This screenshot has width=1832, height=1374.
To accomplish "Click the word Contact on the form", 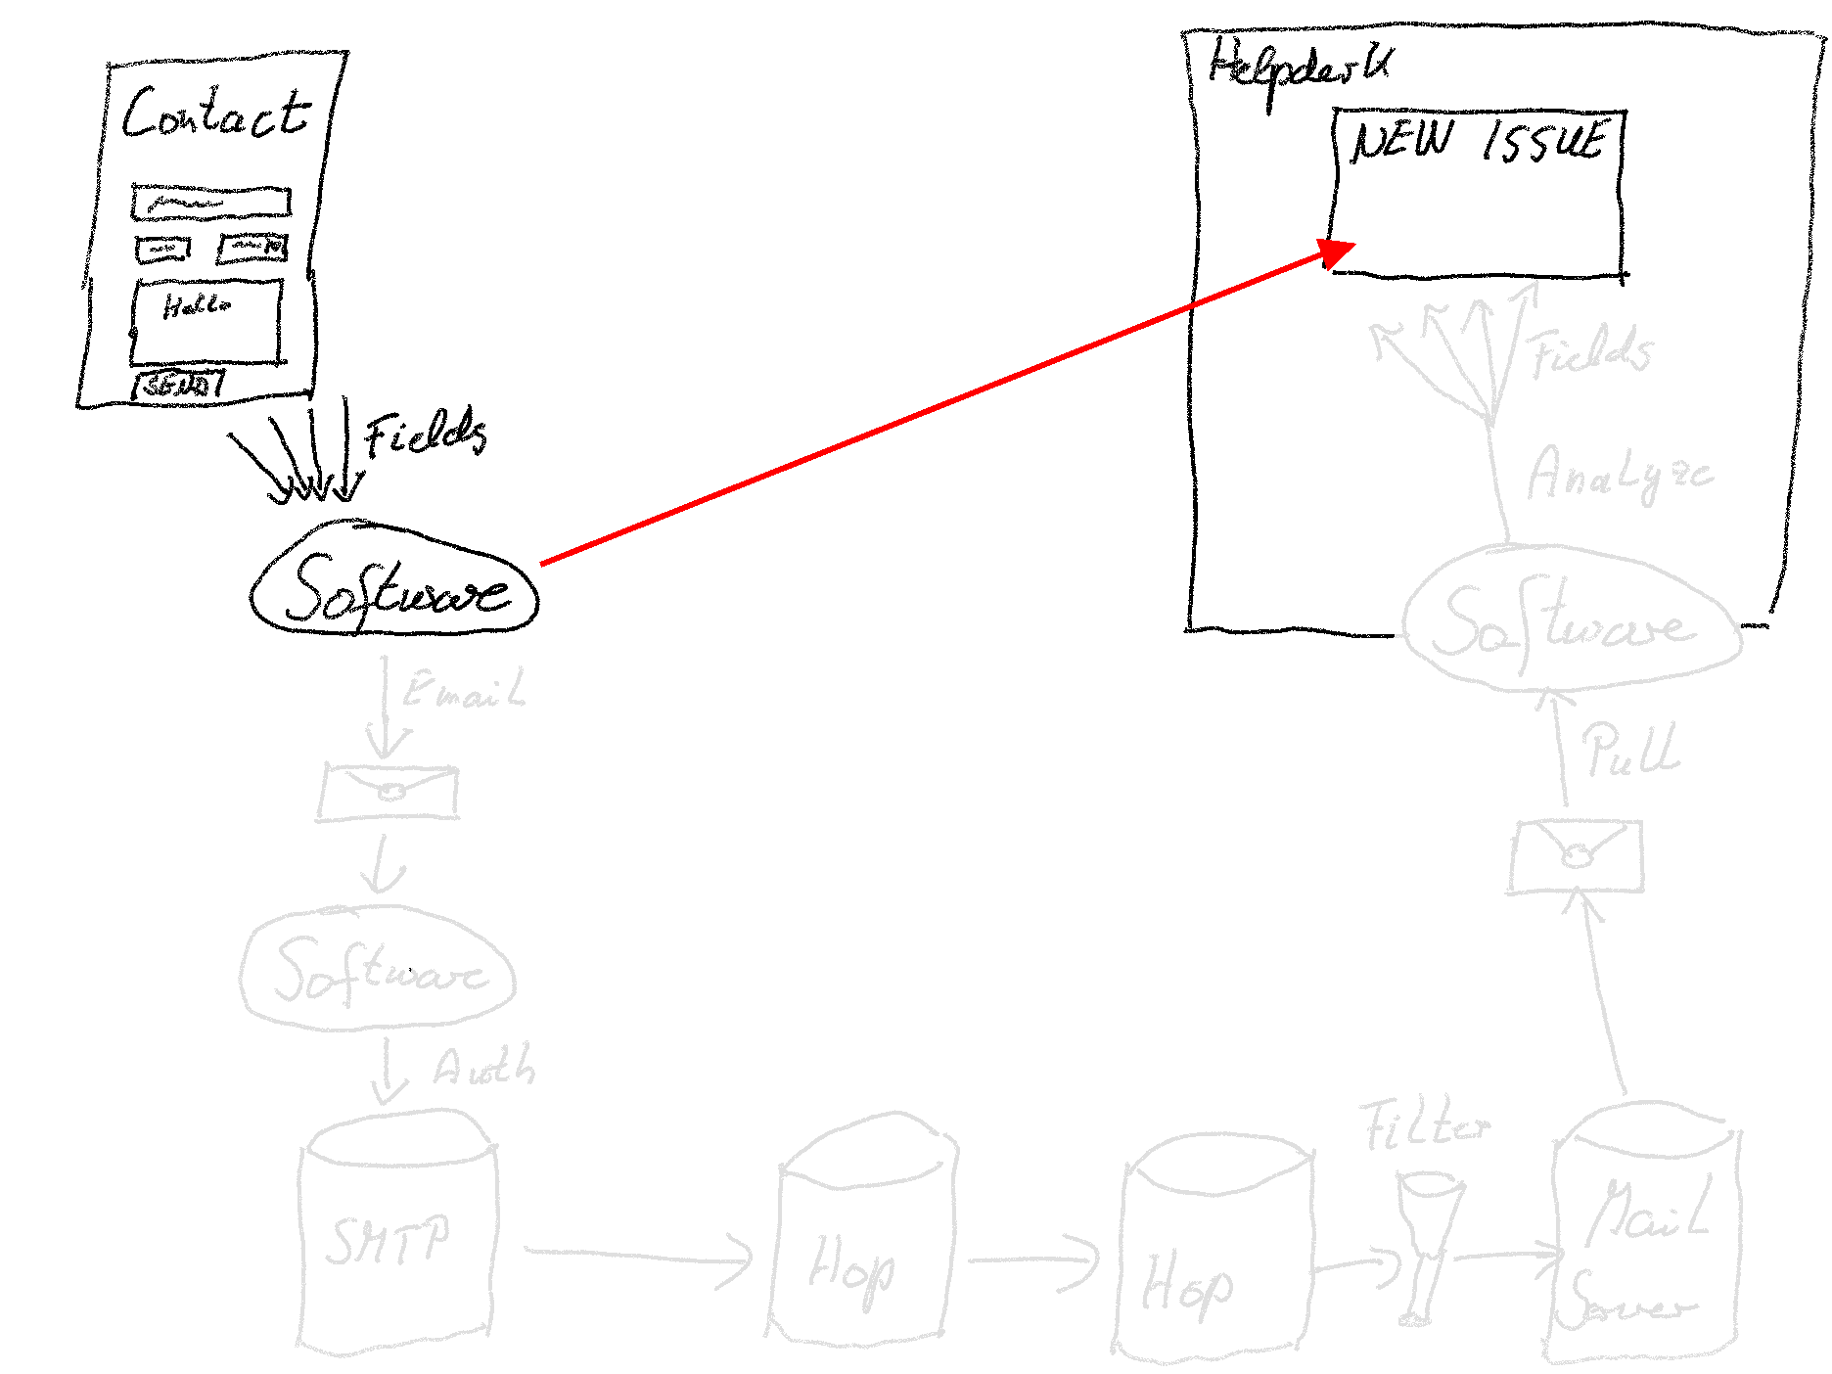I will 215,114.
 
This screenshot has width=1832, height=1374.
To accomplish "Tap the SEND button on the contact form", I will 177,385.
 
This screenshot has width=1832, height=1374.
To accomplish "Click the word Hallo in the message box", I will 196,306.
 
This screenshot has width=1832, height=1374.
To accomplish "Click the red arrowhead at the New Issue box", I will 1338,252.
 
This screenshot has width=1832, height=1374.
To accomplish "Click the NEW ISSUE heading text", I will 1478,140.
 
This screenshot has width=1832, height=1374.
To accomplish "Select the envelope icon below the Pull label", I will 1575,857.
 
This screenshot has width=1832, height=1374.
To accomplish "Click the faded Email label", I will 465,691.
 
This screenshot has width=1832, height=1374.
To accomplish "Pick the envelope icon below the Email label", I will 389,793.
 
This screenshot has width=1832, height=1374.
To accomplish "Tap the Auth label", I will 484,1067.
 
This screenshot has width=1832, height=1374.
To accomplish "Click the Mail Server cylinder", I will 1643,1243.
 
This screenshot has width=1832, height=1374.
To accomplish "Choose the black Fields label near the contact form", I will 425,433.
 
